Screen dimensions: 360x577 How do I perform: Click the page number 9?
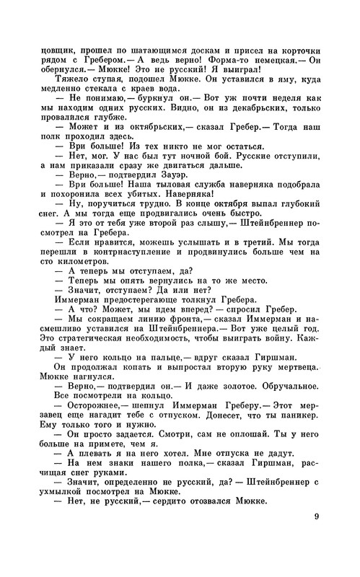click(317, 535)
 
